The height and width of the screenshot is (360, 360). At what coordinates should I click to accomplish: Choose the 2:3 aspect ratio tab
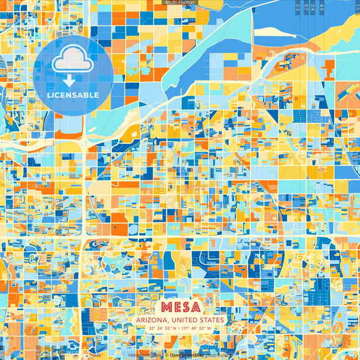point(298,7)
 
